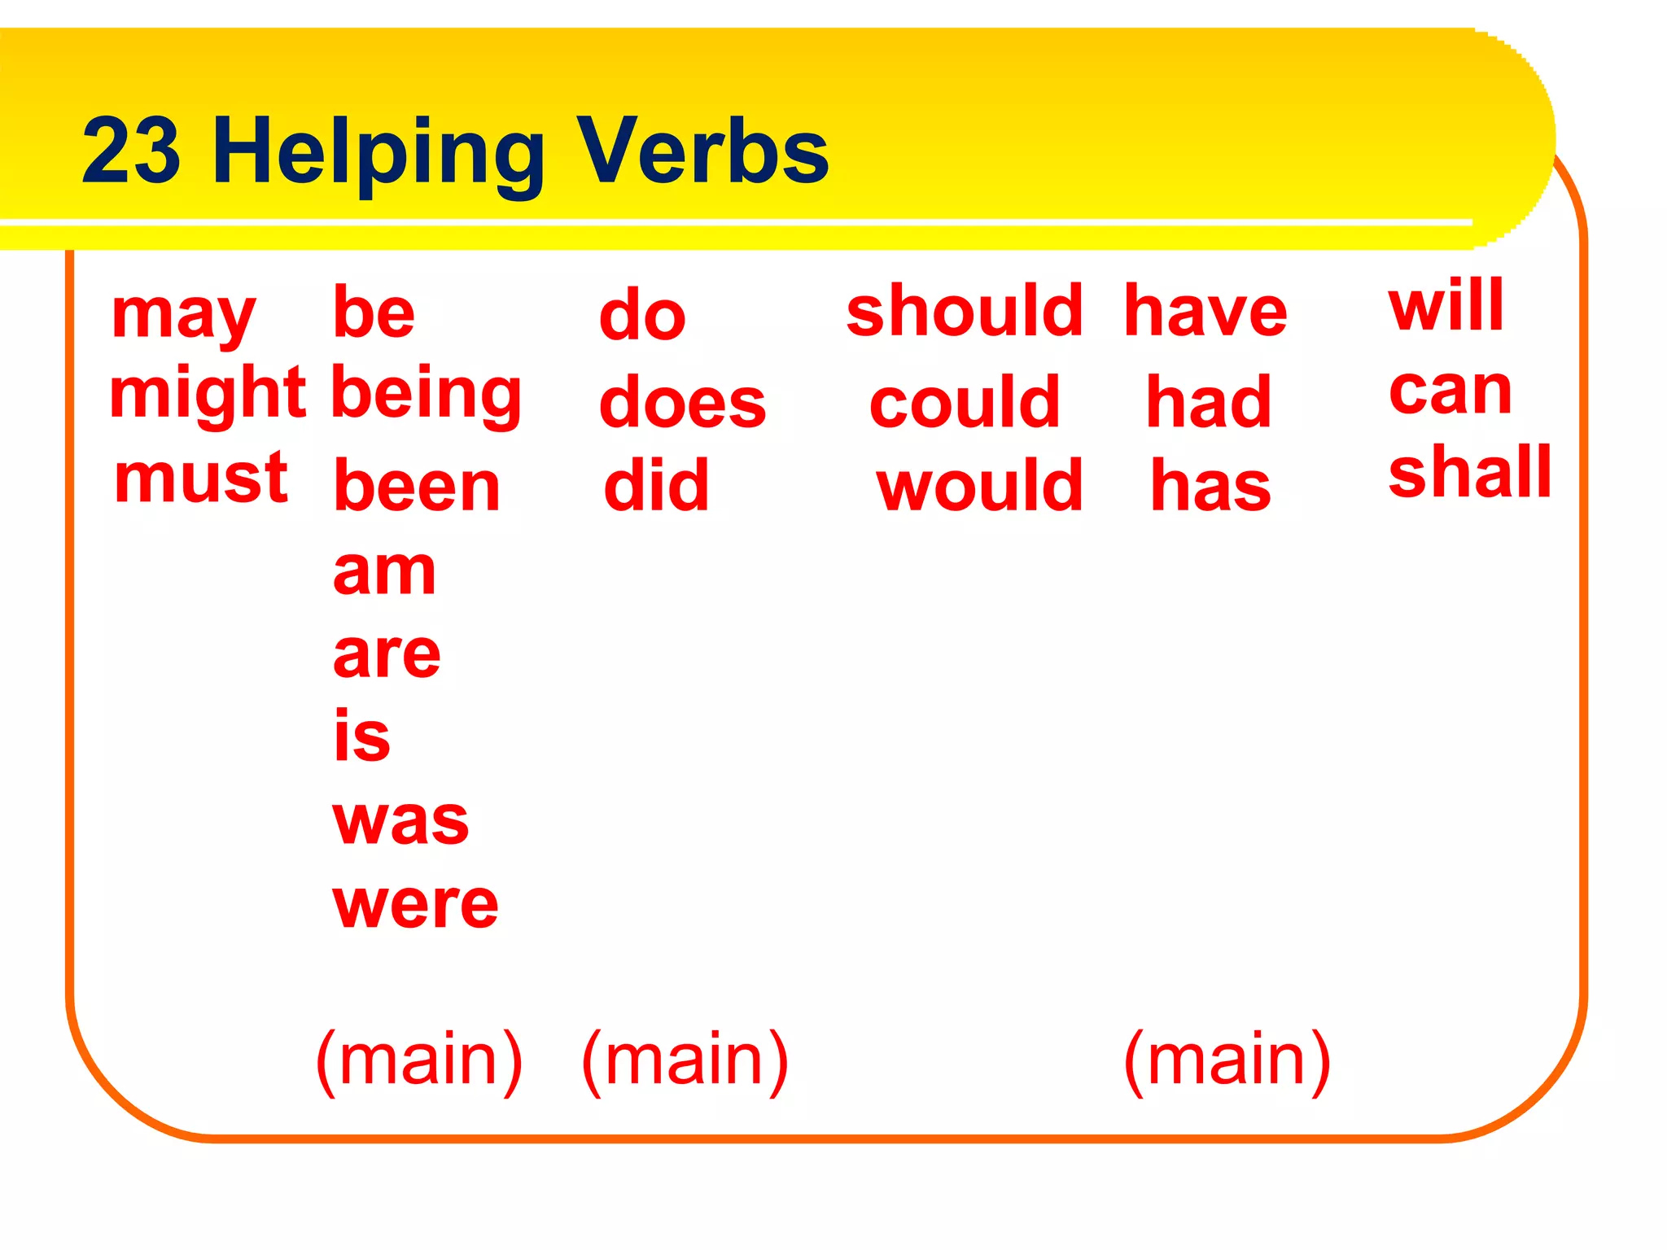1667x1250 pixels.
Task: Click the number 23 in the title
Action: click(x=131, y=151)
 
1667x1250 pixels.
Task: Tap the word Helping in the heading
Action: click(x=378, y=153)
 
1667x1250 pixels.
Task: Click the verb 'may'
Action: click(x=184, y=316)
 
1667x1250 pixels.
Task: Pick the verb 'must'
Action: click(x=201, y=479)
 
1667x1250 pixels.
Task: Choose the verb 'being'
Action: click(x=427, y=396)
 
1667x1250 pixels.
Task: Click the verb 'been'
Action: click(x=417, y=487)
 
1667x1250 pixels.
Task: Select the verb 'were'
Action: click(x=415, y=904)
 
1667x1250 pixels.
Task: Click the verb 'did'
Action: click(x=656, y=485)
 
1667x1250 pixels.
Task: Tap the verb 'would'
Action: click(x=980, y=486)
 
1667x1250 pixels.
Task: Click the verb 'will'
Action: click(x=1446, y=305)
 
